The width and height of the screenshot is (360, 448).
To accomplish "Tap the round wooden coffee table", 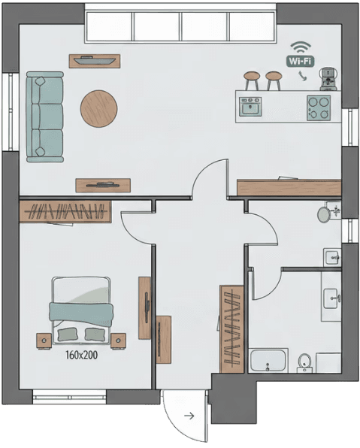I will point(98,108).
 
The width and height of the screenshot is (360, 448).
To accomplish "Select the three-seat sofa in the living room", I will point(44,117).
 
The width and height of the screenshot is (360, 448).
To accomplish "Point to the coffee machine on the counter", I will point(327,77).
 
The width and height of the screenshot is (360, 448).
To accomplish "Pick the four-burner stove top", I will point(319,106).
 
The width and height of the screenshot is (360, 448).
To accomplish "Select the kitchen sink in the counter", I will point(250,107).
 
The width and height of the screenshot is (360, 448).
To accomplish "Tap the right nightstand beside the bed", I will point(118,341).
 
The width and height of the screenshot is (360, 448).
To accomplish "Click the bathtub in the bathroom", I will point(268,361).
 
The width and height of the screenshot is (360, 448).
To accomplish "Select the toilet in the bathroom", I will point(305,362).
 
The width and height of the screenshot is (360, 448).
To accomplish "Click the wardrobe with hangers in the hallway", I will point(231,328).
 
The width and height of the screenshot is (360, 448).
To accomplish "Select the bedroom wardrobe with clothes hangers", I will point(65,212).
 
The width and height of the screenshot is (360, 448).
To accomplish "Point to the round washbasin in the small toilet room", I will point(324,214).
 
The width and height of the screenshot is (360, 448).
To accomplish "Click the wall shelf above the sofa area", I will point(95,60).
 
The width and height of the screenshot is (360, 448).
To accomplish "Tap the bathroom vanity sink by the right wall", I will point(331,298).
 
